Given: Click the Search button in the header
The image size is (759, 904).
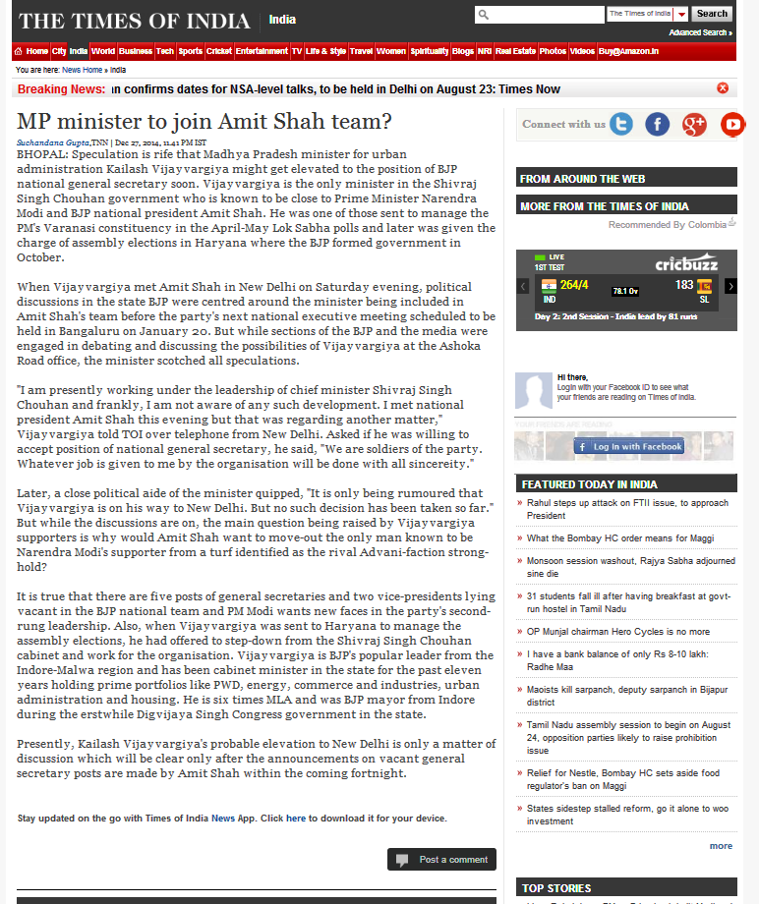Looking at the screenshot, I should coord(712,14).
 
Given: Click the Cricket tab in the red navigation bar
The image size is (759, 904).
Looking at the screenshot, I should coord(219,51).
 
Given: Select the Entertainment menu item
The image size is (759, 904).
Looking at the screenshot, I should coord(262,51).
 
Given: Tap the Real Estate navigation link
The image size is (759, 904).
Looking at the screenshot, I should coord(515,51).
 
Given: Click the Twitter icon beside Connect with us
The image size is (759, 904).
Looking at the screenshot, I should coord(621,124).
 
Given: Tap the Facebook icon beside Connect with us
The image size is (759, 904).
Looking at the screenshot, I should coord(657,124).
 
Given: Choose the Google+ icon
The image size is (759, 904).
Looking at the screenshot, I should coord(694,124).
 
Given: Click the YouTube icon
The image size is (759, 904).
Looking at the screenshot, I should coord(732,124).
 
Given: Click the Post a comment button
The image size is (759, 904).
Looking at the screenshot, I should coord(441,860).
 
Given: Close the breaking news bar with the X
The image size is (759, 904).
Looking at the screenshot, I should coord(723,88).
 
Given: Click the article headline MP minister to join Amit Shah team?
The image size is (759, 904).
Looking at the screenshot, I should coord(204,122).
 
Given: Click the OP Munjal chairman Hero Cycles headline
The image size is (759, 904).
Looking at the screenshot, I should coord(618,632).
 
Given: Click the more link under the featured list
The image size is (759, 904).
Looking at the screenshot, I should coord(721,846).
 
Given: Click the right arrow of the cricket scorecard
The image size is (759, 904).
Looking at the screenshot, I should coord(730,286).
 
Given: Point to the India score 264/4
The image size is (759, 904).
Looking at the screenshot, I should coord(574,285).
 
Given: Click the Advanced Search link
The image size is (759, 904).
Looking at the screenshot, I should coord(699,32).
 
